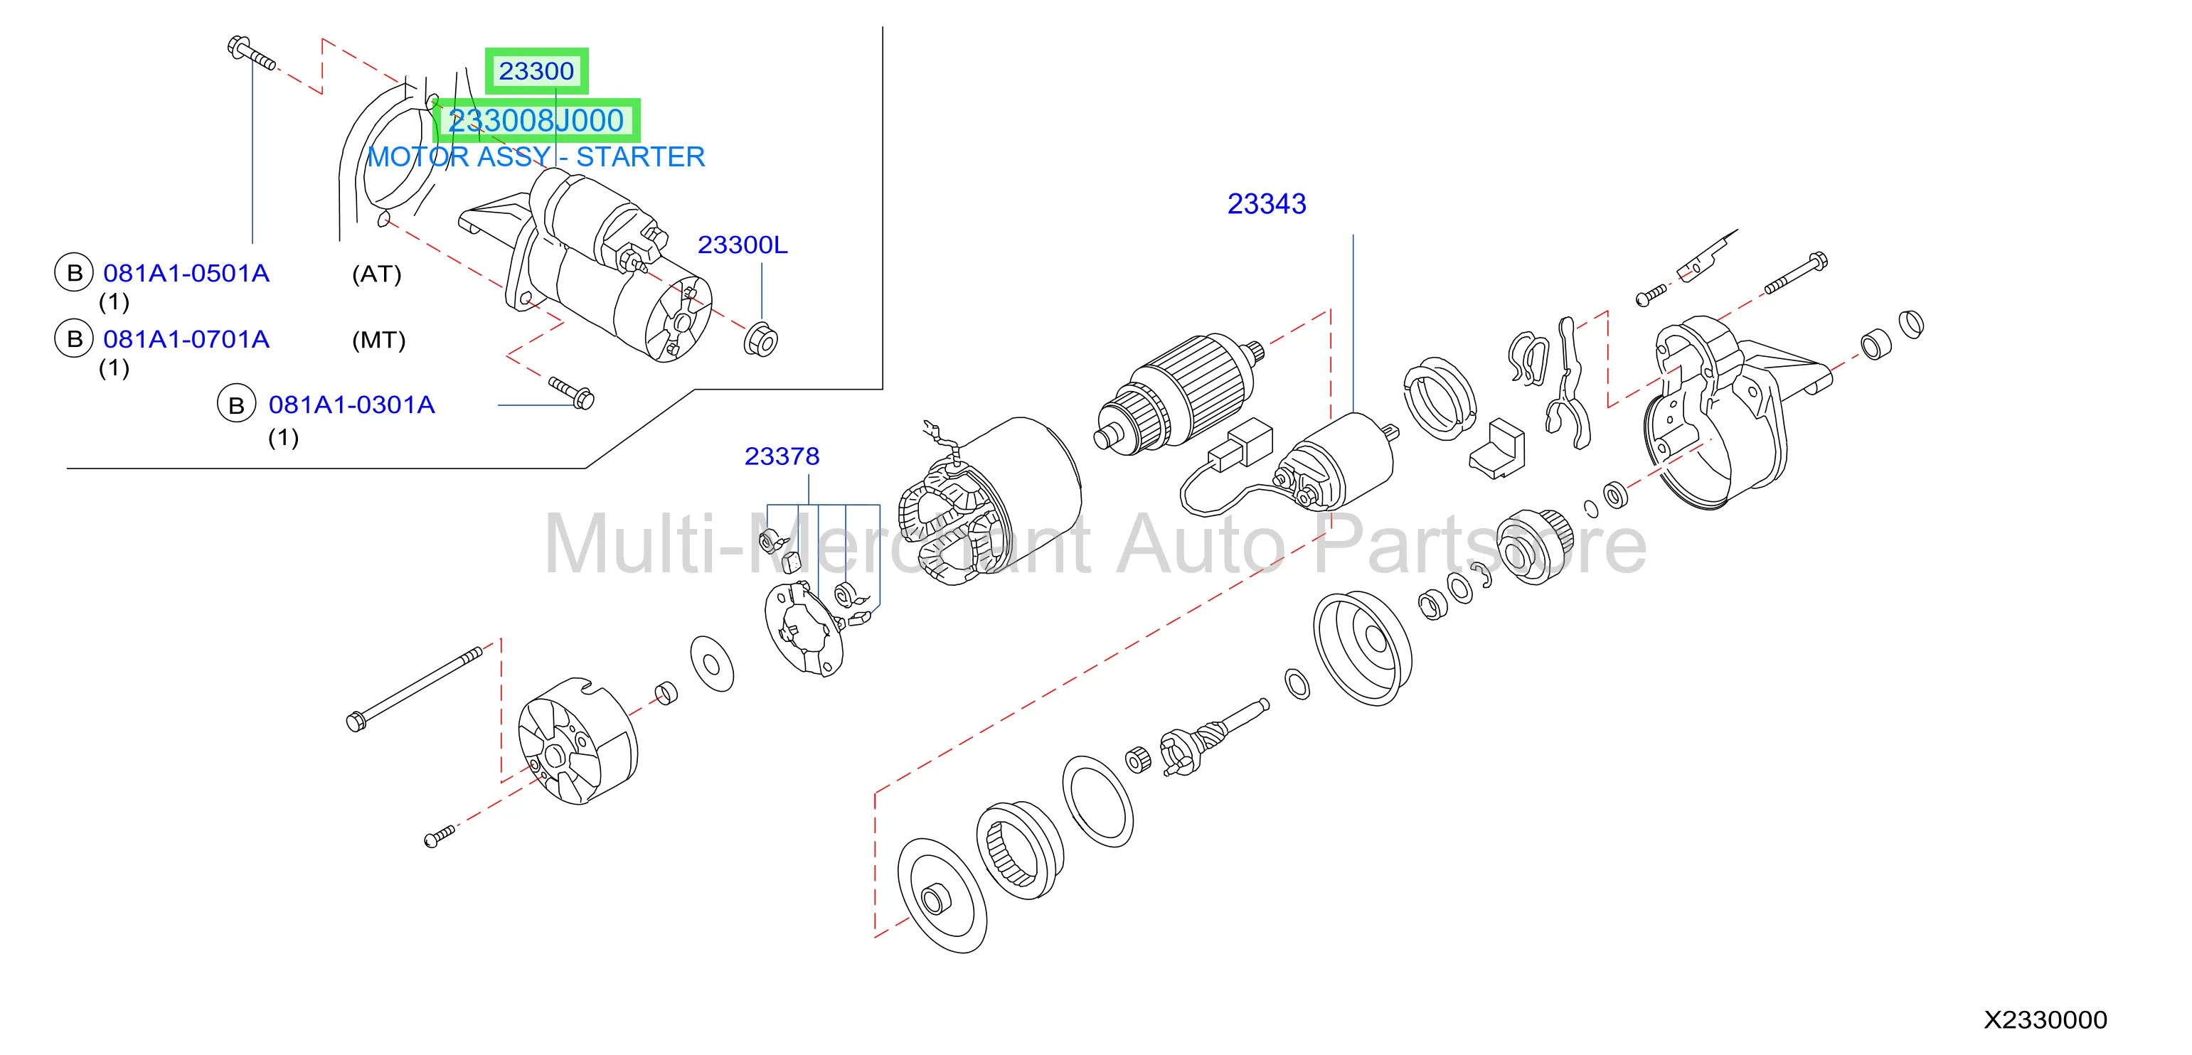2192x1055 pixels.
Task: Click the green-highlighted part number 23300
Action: coord(536,70)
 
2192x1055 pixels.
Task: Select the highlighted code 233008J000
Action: coord(536,121)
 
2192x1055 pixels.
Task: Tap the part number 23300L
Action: coord(742,245)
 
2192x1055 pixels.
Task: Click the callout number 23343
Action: coord(1266,204)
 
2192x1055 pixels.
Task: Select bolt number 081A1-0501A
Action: coord(186,273)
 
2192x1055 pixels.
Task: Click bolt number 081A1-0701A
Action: coord(186,340)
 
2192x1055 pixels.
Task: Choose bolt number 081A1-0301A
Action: coord(351,405)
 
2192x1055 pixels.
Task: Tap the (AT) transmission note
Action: coord(376,274)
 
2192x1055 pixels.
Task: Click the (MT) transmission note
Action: coord(378,341)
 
